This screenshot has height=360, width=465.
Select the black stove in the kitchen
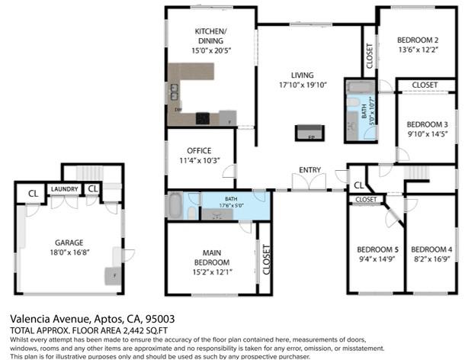(203, 118)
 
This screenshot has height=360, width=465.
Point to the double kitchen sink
(175, 92)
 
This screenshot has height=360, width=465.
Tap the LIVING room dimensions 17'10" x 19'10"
(302, 85)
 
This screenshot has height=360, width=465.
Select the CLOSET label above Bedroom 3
(425, 85)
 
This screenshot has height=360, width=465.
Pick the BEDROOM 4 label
(431, 249)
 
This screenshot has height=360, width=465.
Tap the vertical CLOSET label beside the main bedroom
(265, 259)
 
